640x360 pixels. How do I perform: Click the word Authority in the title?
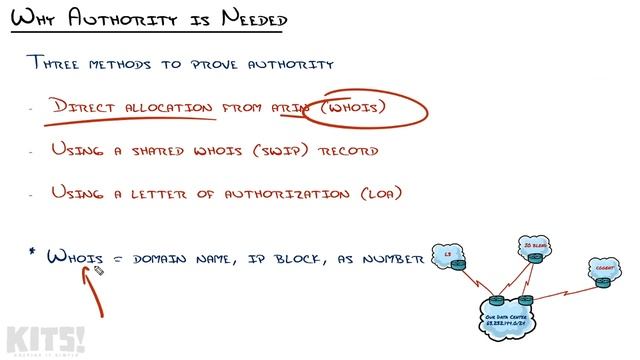103,20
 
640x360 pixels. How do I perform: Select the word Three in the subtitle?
60,64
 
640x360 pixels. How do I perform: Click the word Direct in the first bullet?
90,107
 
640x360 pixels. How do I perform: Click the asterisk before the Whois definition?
33,253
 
